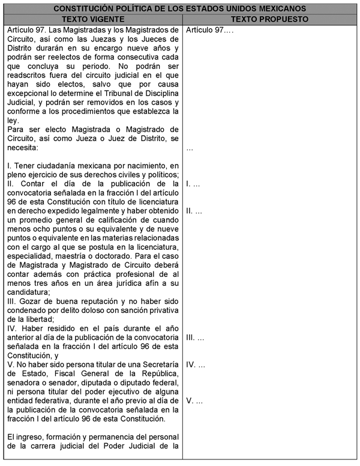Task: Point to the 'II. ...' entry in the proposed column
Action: pyautogui.click(x=194, y=211)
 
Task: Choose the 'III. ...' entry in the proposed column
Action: pyautogui.click(x=195, y=338)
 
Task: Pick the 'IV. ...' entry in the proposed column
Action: pyautogui.click(x=196, y=365)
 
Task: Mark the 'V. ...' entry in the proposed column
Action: pyautogui.click(x=194, y=401)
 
